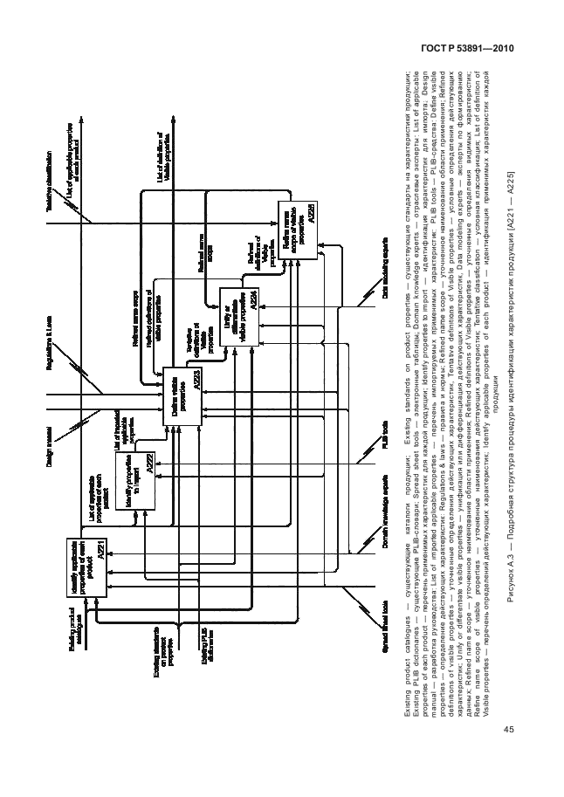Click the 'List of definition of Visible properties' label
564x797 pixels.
pos(164,157)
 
